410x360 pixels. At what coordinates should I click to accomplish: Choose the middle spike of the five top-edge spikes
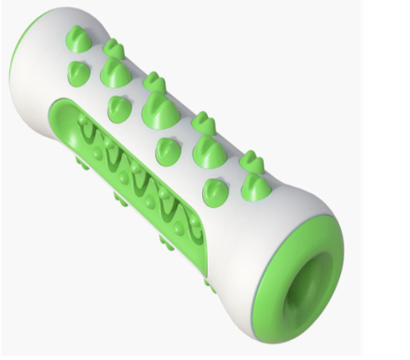(154, 82)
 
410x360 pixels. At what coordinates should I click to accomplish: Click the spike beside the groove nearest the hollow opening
(215, 191)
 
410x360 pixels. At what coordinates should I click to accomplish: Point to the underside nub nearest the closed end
(82, 163)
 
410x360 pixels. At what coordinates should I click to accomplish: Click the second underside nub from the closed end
(122, 198)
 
